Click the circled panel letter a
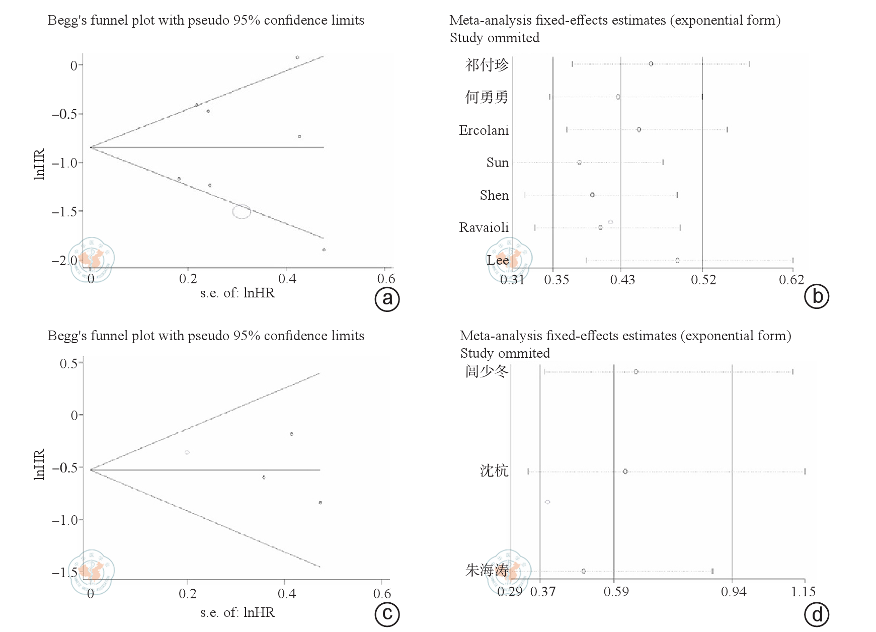coord(387,299)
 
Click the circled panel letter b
coord(817,296)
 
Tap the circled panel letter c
coord(387,614)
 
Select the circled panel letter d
coord(817,614)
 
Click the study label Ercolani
coord(484,130)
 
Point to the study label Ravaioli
coord(484,227)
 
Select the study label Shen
coord(494,195)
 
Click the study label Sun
coord(497,163)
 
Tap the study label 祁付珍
coord(487,65)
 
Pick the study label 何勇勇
coord(487,97)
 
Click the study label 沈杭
coord(494,471)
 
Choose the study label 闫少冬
coord(487,371)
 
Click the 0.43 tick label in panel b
coord(622,280)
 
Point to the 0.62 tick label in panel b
coord(791,280)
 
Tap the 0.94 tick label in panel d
coord(734,592)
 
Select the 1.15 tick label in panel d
coord(803,592)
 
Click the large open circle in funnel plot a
coord(242,211)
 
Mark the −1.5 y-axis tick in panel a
coord(64,212)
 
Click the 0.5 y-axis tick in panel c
coord(68,364)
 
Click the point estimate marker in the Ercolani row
coord(639,130)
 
